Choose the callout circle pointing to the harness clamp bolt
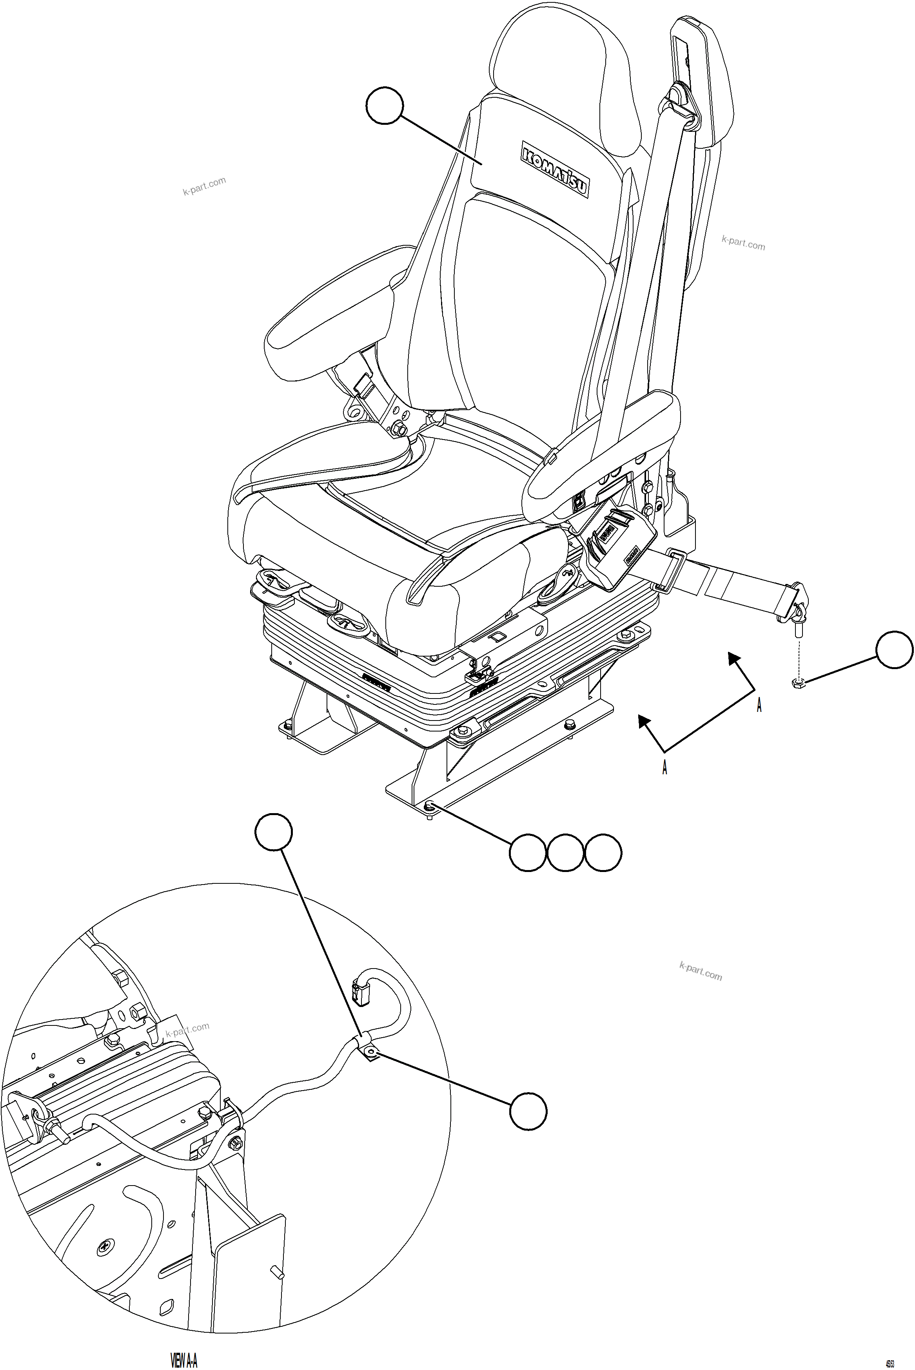528,1111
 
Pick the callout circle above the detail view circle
274,832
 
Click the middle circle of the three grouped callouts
565,853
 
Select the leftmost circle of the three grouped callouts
528,853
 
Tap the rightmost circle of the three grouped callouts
603,853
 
